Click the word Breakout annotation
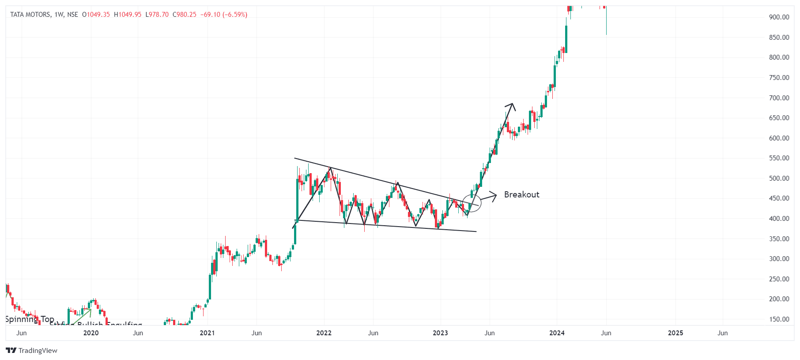coord(521,195)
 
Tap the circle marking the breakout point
coord(472,203)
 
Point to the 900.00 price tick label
coord(779,17)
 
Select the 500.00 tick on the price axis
coord(779,178)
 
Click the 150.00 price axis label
coord(779,319)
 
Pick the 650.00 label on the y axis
coord(779,118)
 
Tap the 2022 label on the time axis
coord(324,333)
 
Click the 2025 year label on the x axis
coord(675,333)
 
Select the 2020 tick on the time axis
coord(91,333)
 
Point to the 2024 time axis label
coord(557,333)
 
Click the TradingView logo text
coord(38,351)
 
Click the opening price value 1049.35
coord(98,15)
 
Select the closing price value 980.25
coord(186,15)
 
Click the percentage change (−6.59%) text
coord(235,15)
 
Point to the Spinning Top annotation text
coord(29,319)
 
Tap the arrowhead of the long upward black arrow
coord(512,105)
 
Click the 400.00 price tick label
coord(779,219)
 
